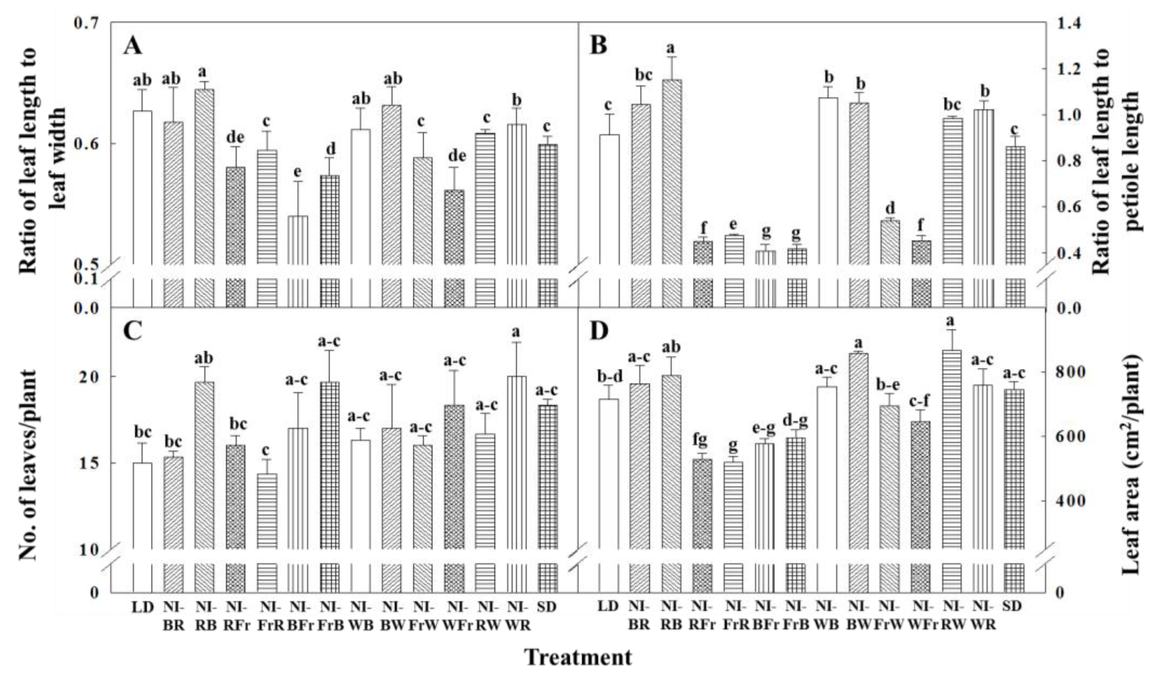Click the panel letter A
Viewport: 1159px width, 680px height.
(x=133, y=47)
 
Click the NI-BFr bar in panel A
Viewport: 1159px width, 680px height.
(x=298, y=239)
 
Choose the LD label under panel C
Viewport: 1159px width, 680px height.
(x=142, y=607)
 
